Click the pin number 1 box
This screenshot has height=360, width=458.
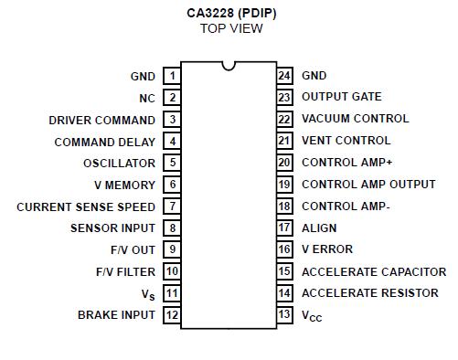[172, 76]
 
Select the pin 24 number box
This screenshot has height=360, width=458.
[284, 76]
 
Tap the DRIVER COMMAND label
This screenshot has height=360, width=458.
[101, 120]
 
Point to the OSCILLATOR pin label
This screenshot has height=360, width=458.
[119, 164]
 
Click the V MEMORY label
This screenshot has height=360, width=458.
[124, 185]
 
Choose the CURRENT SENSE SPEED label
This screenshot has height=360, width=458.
[86, 207]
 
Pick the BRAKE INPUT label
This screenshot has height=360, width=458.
[116, 315]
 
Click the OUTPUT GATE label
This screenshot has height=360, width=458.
[341, 97]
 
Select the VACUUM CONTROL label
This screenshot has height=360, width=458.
[355, 119]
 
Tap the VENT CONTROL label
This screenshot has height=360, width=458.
[346, 141]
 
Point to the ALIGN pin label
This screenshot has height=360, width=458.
[319, 228]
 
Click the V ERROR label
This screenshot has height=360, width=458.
[326, 249]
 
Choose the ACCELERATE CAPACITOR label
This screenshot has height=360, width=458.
[374, 271]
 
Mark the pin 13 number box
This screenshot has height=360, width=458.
[284, 315]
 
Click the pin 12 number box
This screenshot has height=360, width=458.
[172, 315]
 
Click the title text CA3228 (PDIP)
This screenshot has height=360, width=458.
[230, 13]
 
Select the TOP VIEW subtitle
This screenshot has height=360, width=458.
[230, 28]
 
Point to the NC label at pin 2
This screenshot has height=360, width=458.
[147, 98]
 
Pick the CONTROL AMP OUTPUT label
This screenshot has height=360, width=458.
[368, 185]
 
